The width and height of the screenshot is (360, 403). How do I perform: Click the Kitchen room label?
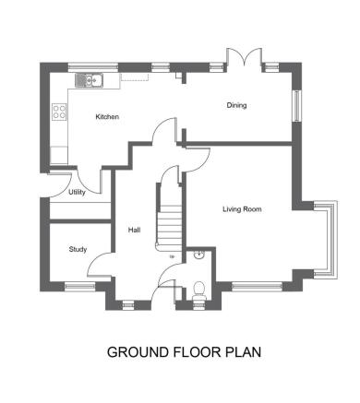point(107,117)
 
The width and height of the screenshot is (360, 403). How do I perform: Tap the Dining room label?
point(236,105)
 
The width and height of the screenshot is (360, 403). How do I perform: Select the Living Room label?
point(242,209)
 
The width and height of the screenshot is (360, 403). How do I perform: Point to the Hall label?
point(135,230)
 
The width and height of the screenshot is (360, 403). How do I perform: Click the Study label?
point(78,249)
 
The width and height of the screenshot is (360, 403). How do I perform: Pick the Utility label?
point(77,193)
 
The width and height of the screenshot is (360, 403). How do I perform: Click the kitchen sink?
point(90,80)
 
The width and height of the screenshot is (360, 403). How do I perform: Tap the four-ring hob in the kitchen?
point(59,112)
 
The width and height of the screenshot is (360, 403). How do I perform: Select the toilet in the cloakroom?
point(199,290)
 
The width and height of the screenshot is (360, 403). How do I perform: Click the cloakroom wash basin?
point(199,255)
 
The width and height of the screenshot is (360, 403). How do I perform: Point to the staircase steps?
point(170,228)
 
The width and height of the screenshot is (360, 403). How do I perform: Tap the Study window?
point(80,286)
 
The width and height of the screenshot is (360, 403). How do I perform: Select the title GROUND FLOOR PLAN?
point(184,352)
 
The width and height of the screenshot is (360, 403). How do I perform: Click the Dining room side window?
point(297,105)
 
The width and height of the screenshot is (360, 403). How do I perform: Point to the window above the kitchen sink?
point(93,67)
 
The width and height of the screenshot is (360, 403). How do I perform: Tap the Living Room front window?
point(257,287)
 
